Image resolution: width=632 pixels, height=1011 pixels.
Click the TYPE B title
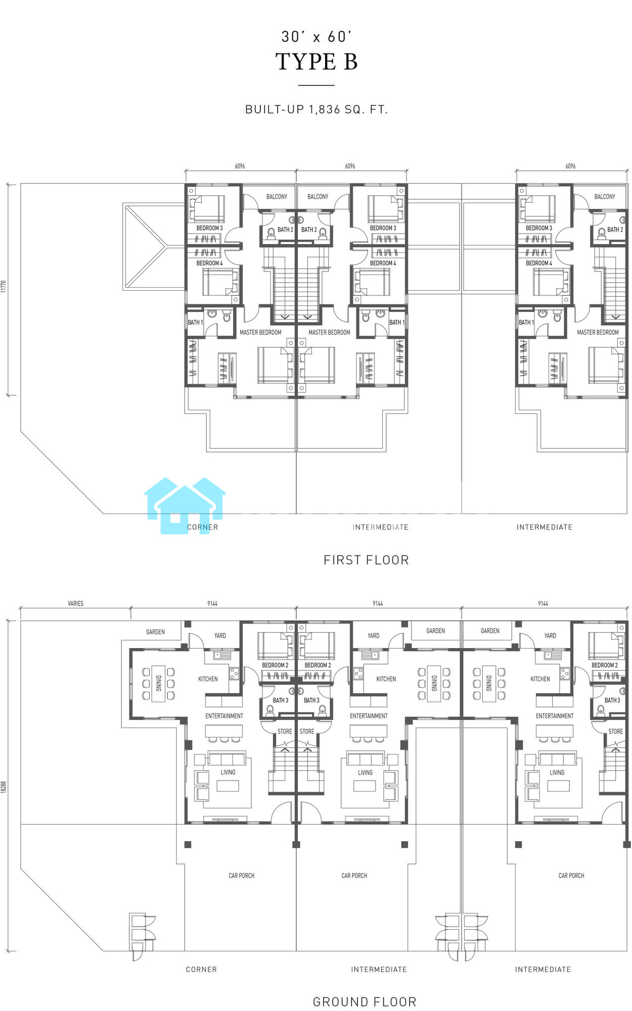(x=317, y=62)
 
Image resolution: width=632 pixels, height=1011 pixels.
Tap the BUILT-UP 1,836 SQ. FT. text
(x=317, y=109)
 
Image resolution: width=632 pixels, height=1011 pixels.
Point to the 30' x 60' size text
(x=317, y=36)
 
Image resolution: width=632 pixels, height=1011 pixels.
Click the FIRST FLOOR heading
(x=366, y=560)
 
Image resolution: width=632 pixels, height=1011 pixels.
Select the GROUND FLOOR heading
(x=365, y=1002)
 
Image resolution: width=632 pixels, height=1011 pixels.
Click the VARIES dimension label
(x=76, y=604)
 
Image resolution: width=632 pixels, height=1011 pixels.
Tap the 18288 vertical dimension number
(x=4, y=787)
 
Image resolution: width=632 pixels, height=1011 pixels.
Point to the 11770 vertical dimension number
(x=4, y=287)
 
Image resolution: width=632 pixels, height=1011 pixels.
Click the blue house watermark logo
(x=185, y=505)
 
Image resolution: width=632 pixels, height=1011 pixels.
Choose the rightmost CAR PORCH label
(x=571, y=876)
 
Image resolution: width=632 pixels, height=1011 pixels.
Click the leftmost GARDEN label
(x=155, y=632)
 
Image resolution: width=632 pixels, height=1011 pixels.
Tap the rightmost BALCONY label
(x=605, y=197)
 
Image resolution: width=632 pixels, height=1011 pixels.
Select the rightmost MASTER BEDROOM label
(x=598, y=333)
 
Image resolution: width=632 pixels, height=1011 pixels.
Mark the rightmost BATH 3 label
(x=612, y=700)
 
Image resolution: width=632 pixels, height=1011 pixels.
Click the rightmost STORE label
(x=615, y=731)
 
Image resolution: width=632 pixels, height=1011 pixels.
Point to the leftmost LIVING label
(x=228, y=772)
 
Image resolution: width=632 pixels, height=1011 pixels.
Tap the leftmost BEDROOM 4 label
(x=209, y=263)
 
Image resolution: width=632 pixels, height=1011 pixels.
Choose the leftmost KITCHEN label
(x=208, y=679)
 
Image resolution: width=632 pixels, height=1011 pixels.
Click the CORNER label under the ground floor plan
(x=201, y=970)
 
